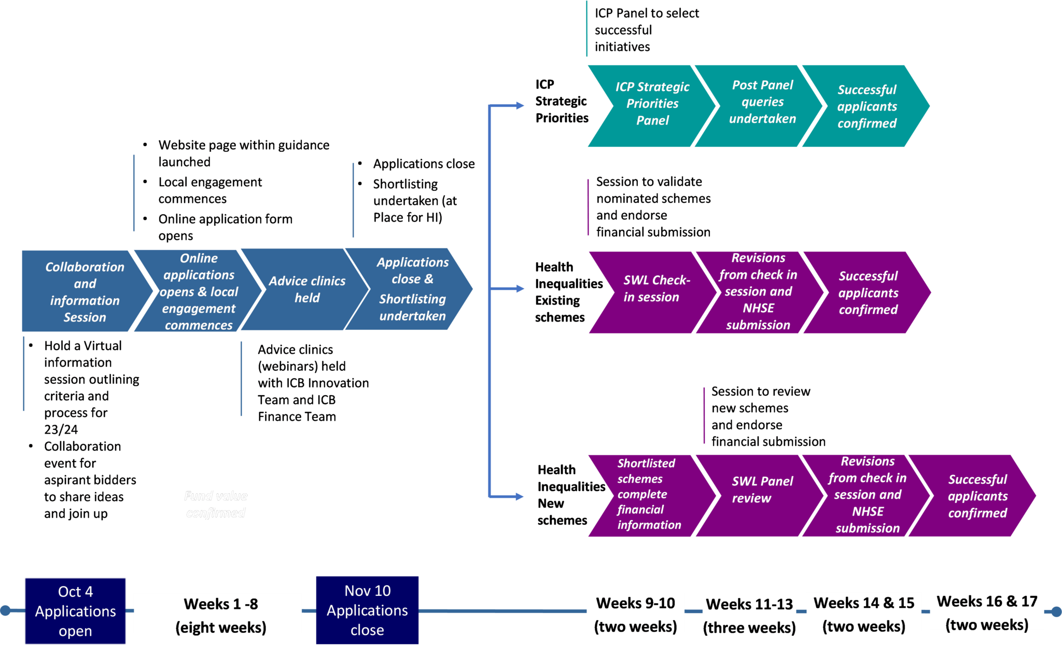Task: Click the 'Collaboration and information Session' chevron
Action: [85, 291]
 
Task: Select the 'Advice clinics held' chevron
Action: [306, 289]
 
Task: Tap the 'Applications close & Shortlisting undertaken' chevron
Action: [412, 289]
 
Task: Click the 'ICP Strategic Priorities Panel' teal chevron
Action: [652, 104]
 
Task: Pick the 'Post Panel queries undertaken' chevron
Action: [762, 102]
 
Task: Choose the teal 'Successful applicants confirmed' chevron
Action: [867, 106]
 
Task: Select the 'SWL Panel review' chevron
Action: [762, 489]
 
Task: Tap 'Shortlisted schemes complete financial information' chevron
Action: [649, 494]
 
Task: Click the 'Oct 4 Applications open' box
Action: [76, 611]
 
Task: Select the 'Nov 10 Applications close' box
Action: [367, 610]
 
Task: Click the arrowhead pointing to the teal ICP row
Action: [520, 106]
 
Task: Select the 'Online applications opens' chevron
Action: [199, 291]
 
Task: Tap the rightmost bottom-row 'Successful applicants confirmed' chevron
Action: [977, 496]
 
